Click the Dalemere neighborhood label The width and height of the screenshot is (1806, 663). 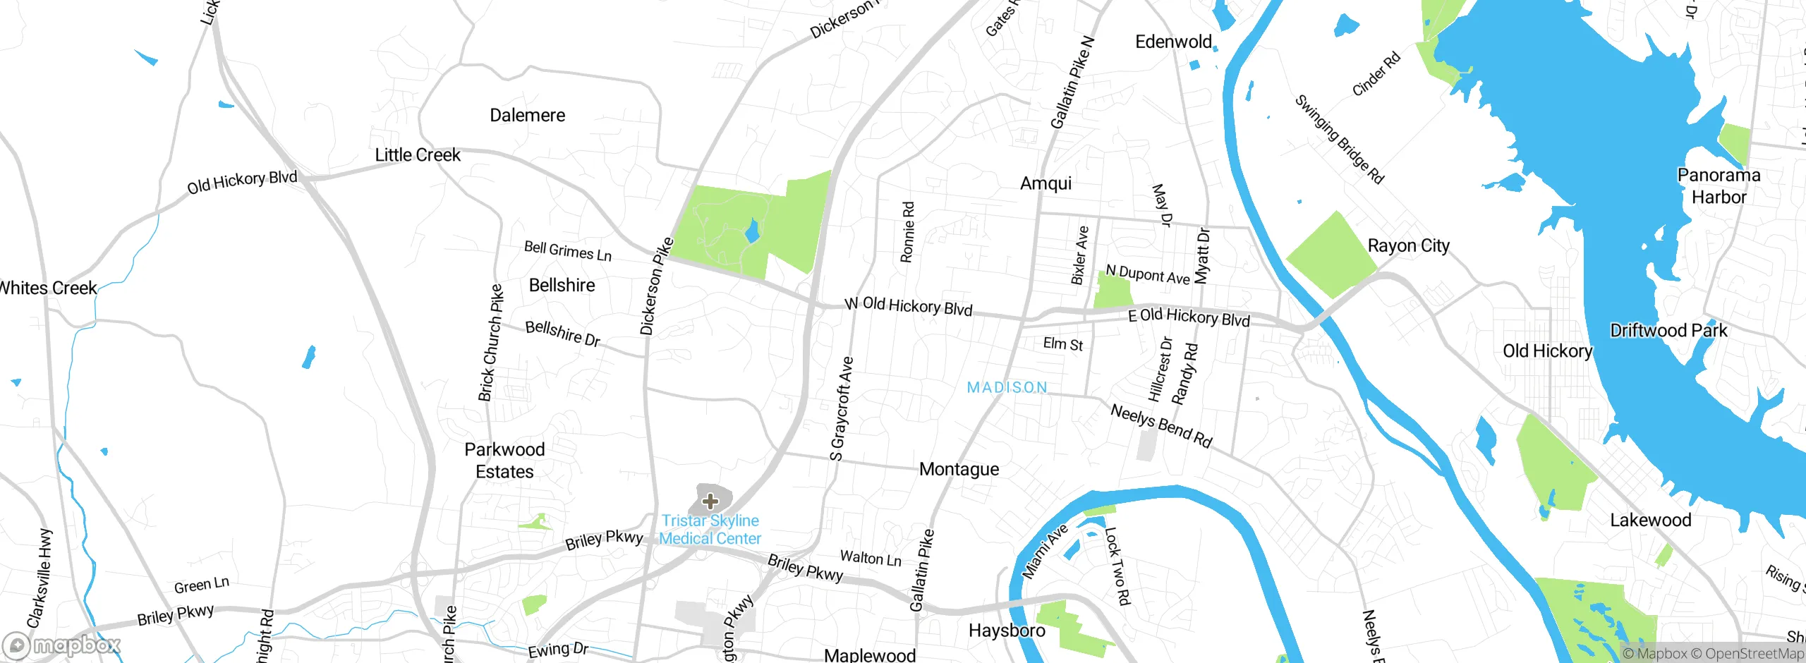[527, 115]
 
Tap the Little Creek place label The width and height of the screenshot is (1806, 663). [417, 154]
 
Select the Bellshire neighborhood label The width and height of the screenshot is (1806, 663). [562, 285]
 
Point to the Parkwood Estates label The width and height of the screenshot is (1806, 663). [504, 461]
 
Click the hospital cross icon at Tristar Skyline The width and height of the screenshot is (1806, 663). [710, 501]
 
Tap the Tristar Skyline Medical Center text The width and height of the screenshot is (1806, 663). [710, 530]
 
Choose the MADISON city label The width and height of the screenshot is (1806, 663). [1007, 387]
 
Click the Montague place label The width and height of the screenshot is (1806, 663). [959, 469]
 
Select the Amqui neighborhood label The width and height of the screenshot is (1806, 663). [1046, 183]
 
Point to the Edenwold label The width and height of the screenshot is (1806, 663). [1173, 42]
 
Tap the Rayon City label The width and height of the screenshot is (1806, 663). [1408, 245]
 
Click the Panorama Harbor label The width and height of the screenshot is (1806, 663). [1719, 186]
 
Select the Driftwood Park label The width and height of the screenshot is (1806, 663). [1668, 330]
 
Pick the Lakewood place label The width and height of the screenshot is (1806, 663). [1650, 520]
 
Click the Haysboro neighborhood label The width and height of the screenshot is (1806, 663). [1007, 630]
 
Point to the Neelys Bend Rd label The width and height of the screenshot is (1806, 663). [1161, 425]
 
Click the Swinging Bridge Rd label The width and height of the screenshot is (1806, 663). [1339, 139]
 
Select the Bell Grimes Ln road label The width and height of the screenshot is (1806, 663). [567, 250]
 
